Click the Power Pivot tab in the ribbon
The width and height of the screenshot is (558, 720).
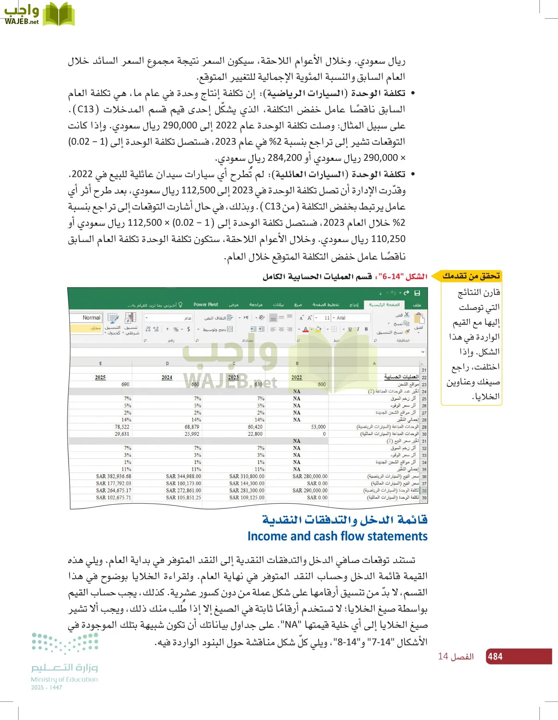206,305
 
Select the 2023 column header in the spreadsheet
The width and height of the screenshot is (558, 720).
233,377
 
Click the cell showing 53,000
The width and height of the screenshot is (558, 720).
318,427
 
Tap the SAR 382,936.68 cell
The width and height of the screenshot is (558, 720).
114,476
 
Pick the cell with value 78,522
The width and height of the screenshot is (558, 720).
122,427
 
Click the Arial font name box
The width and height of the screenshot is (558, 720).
352,318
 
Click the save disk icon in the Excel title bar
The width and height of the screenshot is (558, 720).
417,293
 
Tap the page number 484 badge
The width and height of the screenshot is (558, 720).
495,656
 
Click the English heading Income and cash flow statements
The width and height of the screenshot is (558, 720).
337,536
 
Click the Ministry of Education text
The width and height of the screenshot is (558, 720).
64,679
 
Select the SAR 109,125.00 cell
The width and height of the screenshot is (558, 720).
247,498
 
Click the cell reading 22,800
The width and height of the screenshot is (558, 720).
255,434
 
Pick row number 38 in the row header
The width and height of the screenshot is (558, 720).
424,491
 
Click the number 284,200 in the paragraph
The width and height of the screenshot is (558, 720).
285,158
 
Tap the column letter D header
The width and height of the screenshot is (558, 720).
167,364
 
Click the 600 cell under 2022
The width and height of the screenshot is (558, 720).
321,384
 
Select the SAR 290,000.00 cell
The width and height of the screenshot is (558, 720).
310,490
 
